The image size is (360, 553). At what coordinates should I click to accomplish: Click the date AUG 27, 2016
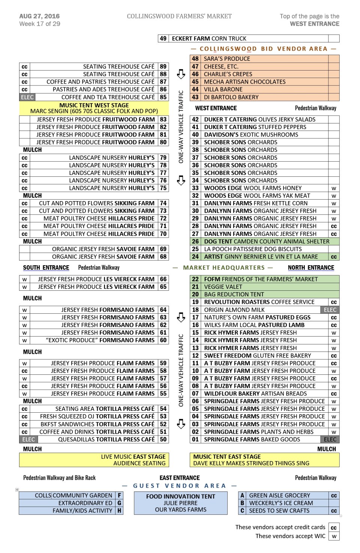(x=39, y=16)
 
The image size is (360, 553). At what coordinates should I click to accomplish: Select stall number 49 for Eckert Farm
(x=163, y=38)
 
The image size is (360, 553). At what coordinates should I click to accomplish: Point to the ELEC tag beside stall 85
(x=27, y=97)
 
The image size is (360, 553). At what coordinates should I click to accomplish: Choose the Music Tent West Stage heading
(x=94, y=105)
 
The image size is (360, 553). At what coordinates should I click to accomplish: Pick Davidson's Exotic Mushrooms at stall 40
(x=251, y=135)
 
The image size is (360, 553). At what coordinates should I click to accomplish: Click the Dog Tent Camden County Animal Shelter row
(x=266, y=241)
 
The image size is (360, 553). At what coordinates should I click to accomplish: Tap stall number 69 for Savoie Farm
(x=163, y=249)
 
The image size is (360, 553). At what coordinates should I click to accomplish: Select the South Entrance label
(x=46, y=267)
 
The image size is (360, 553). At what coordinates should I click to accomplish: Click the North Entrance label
(x=311, y=267)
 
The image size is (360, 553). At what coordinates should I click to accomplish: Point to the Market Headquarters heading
(x=223, y=267)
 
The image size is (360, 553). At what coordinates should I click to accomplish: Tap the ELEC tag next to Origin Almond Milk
(x=330, y=310)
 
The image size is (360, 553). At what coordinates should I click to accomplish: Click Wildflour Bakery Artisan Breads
(x=255, y=394)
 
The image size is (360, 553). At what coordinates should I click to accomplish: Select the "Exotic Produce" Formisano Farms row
(x=100, y=340)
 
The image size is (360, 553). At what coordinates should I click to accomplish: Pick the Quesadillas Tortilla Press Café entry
(x=106, y=439)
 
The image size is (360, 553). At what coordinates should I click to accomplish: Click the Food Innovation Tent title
(x=180, y=496)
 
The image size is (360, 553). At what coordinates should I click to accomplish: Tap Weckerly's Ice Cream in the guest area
(x=281, y=503)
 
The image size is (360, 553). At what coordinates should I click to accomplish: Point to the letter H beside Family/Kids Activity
(x=119, y=511)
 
